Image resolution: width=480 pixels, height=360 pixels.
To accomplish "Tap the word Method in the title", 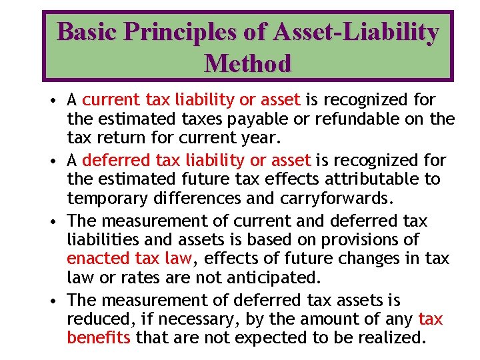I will (x=248, y=63).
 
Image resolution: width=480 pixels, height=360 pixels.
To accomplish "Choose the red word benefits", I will (x=99, y=337).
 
